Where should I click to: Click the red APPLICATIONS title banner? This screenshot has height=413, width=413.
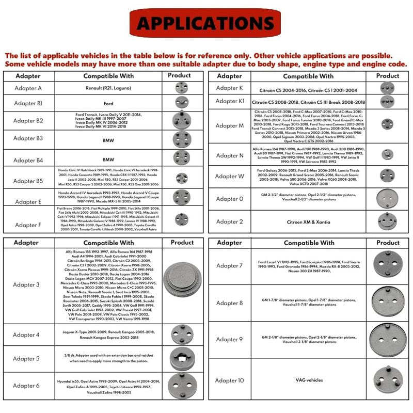pyautogui.click(x=206, y=24)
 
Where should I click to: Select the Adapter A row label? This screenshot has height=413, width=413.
pyautogui.click(x=28, y=88)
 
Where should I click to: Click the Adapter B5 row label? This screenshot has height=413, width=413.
pyautogui.click(x=28, y=181)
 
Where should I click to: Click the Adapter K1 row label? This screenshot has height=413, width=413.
pyautogui.click(x=230, y=101)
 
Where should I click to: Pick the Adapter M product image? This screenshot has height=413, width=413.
pyautogui.click(x=388, y=123)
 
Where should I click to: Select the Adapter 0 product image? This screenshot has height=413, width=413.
pyautogui.click(x=387, y=198)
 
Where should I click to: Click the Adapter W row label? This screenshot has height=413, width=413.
pyautogui.click(x=230, y=176)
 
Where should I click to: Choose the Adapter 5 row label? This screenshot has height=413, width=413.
pyautogui.click(x=26, y=359)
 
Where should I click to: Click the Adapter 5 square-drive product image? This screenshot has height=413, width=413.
pyautogui.click(x=182, y=359)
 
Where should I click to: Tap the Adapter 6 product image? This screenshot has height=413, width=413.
pyautogui.click(x=182, y=385)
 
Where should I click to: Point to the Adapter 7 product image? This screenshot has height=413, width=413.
pyautogui.click(x=387, y=265)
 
